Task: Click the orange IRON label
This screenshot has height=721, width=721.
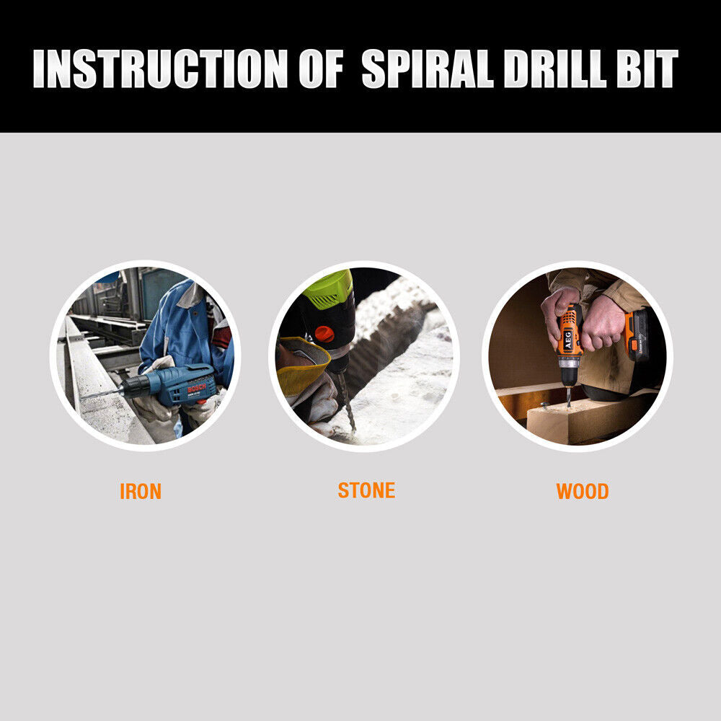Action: [141, 492]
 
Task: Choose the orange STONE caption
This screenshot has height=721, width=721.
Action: [366, 491]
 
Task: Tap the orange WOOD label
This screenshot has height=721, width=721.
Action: [582, 492]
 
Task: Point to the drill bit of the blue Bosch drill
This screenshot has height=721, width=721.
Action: [97, 394]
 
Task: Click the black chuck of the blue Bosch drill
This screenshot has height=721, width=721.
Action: [132, 387]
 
